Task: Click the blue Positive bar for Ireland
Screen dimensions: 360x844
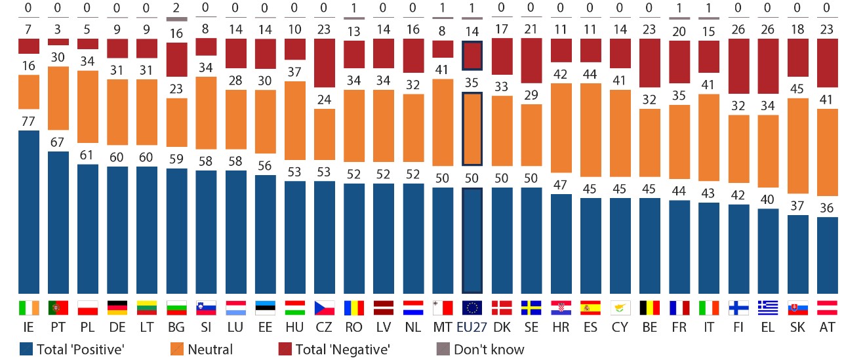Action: [28, 211]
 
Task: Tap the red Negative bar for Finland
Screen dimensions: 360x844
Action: [738, 66]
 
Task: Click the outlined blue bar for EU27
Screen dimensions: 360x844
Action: [472, 240]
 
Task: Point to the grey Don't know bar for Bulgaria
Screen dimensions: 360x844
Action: [176, 19]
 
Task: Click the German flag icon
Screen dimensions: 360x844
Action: [117, 308]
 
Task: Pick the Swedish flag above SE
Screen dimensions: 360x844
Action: [531, 308]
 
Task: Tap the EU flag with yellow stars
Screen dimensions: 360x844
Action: [472, 308]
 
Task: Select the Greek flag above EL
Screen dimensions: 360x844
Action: [768, 308]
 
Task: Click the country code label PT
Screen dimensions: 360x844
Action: [58, 326]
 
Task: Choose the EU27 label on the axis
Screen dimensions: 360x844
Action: [472, 326]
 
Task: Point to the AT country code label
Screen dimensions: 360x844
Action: [827, 326]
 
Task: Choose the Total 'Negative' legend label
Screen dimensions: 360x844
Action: [342, 349]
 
